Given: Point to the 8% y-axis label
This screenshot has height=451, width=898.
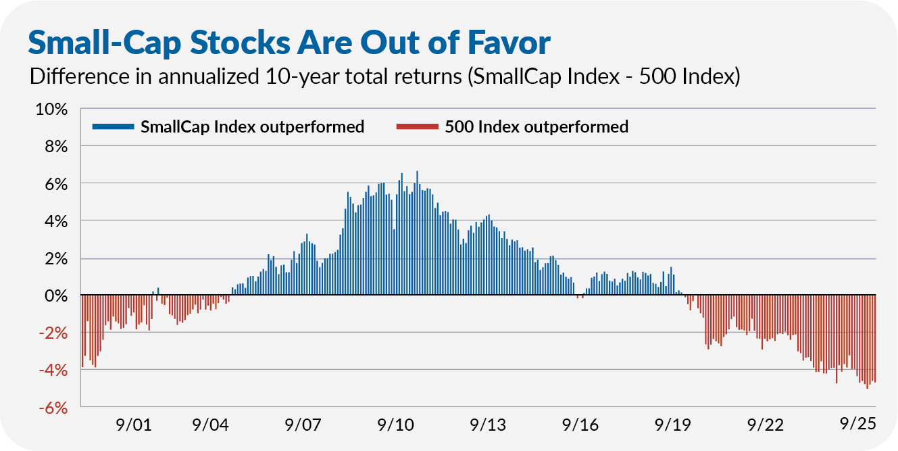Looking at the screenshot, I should [55, 147].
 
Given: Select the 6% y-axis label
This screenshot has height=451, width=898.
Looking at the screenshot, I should [55, 184].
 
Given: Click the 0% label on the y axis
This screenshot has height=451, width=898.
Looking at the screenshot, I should [55, 296].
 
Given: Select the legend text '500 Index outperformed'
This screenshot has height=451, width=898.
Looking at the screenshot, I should [537, 126].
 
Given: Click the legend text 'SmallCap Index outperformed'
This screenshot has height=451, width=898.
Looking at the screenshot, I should [252, 126].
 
